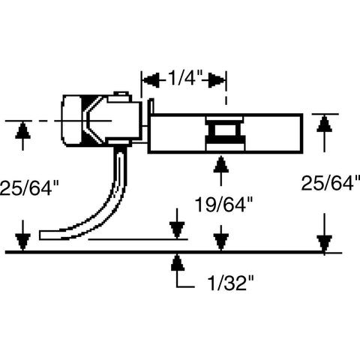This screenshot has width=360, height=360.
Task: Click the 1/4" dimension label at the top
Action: click(x=184, y=78)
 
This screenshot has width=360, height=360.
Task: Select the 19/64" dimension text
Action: click(x=223, y=204)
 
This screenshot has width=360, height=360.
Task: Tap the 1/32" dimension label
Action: click(x=230, y=283)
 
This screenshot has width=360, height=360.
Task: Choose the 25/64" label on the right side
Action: click(x=331, y=183)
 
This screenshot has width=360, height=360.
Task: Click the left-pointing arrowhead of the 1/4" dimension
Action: click(x=151, y=80)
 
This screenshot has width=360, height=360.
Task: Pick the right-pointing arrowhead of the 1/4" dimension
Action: click(x=217, y=80)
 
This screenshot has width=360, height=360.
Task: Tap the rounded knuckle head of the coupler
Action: click(x=72, y=121)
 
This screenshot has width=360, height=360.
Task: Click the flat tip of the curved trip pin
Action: click(x=40, y=235)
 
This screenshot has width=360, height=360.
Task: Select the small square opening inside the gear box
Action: click(x=224, y=130)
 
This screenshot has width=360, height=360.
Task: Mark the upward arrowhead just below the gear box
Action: click(x=220, y=164)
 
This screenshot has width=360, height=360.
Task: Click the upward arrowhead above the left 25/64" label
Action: click(x=22, y=130)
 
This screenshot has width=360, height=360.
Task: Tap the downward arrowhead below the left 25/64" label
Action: click(x=22, y=242)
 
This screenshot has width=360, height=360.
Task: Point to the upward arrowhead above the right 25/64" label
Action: click(x=324, y=124)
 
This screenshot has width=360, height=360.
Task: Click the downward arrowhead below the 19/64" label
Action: click(x=220, y=242)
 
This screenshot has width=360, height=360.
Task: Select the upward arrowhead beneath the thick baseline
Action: click(x=178, y=262)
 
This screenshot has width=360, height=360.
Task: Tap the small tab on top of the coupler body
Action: click(x=122, y=93)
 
